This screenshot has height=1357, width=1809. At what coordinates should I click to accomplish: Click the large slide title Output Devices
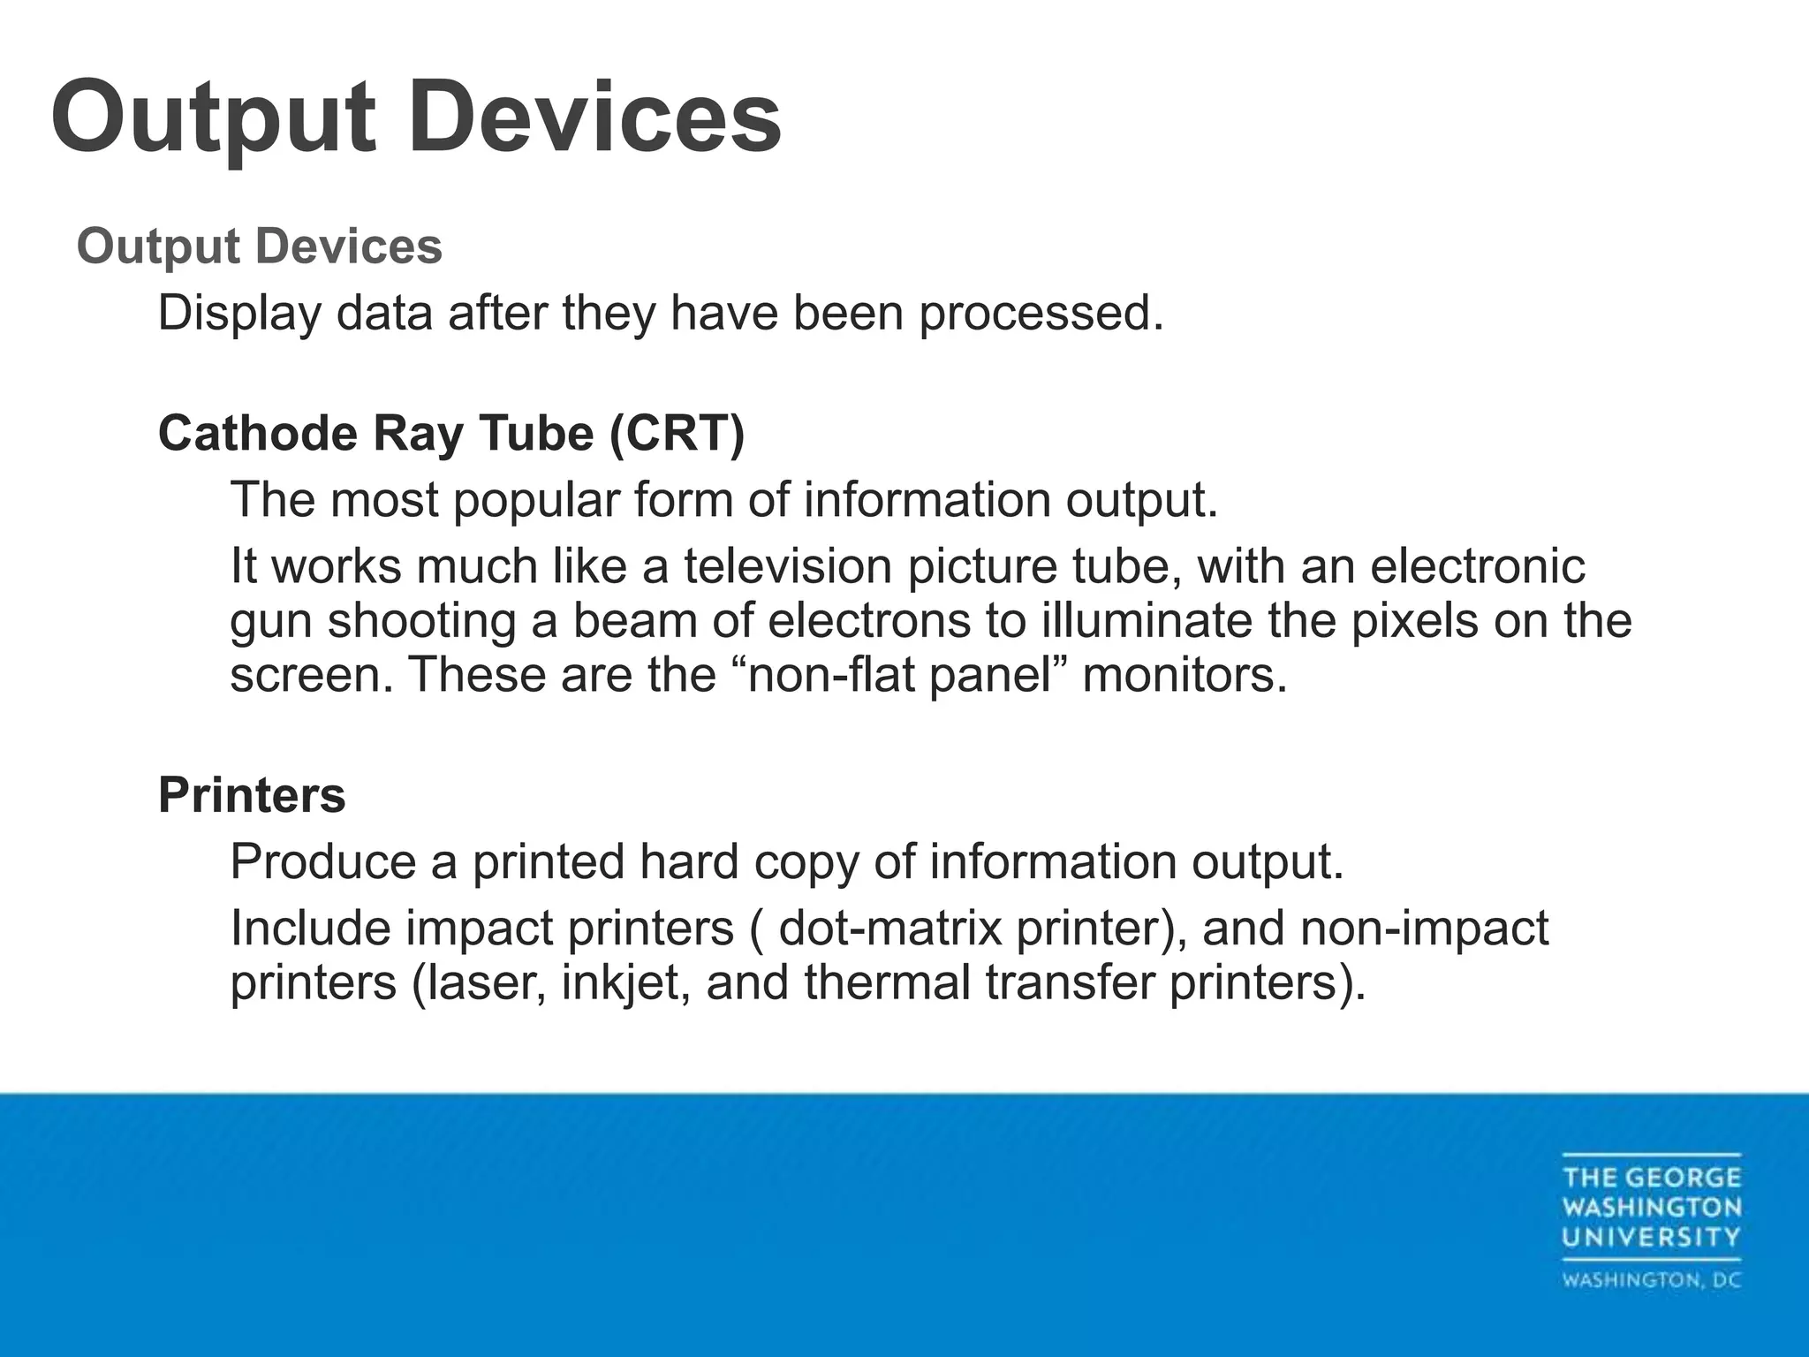(x=416, y=118)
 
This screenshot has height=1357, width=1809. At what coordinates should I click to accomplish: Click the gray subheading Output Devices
(x=259, y=246)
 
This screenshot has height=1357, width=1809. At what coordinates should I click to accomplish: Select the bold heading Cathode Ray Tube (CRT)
(x=451, y=434)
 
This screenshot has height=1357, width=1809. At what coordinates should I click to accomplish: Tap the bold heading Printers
(x=252, y=795)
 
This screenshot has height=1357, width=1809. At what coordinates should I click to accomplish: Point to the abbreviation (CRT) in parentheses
(x=677, y=434)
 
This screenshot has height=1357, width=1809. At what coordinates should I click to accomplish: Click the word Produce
(x=322, y=862)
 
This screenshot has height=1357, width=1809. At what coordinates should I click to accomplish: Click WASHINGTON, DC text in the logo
(x=1651, y=1280)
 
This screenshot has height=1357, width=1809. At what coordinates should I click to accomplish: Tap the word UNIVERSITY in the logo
(x=1651, y=1237)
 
